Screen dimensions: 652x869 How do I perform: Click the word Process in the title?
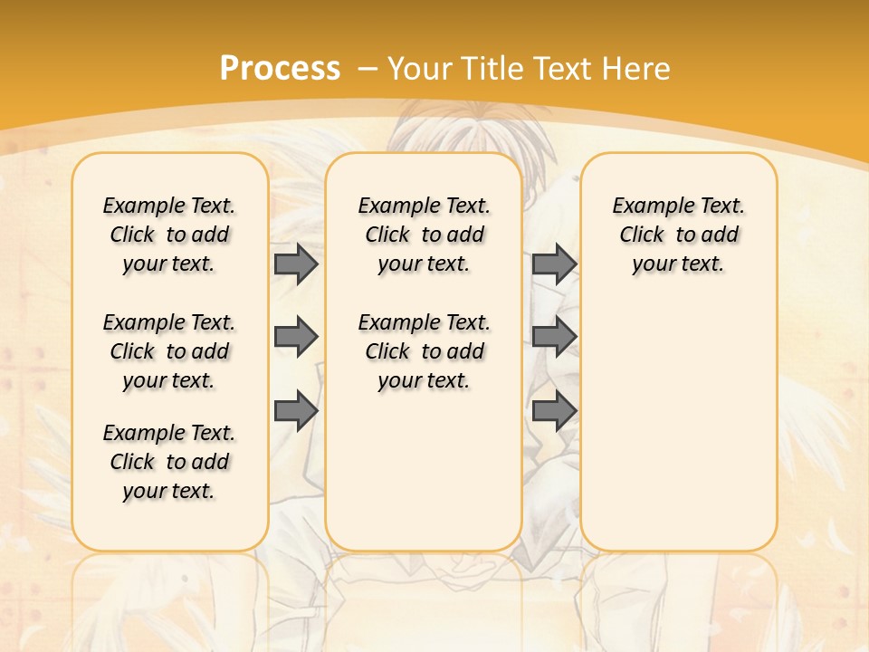coord(280,68)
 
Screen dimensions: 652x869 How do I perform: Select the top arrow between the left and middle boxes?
coord(296,264)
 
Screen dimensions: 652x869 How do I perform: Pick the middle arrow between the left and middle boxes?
coord(296,337)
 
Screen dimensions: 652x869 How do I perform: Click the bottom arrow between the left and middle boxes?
coord(296,411)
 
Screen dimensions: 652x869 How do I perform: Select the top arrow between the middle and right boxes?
coord(554,264)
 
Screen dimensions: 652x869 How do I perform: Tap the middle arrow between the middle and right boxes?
coord(554,337)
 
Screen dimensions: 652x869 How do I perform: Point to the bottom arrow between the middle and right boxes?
coord(554,411)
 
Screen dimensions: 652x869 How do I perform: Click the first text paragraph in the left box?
coord(169,235)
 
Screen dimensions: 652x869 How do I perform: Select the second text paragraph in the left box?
coord(169,351)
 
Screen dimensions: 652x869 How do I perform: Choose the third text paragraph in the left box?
coord(169,462)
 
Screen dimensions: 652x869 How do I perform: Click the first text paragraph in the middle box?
coord(425,235)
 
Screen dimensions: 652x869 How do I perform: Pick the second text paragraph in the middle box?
coord(425,351)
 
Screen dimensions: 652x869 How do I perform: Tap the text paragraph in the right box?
coord(679,235)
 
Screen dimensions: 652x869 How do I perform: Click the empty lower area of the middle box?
coord(425,471)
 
